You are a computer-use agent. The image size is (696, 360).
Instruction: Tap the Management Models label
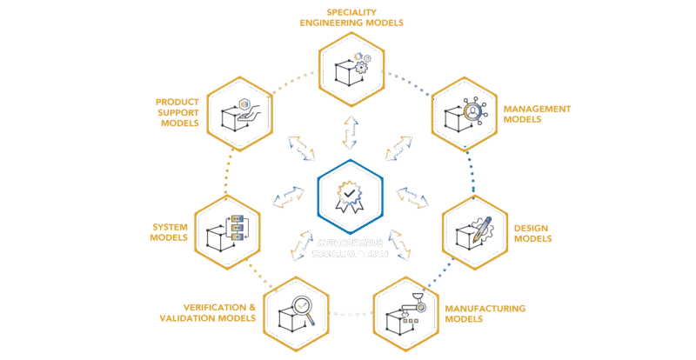(536, 115)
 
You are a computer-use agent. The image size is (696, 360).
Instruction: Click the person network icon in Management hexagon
(472, 111)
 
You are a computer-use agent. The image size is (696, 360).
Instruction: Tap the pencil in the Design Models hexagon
(484, 224)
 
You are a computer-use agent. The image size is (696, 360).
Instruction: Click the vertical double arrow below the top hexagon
(348, 131)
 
